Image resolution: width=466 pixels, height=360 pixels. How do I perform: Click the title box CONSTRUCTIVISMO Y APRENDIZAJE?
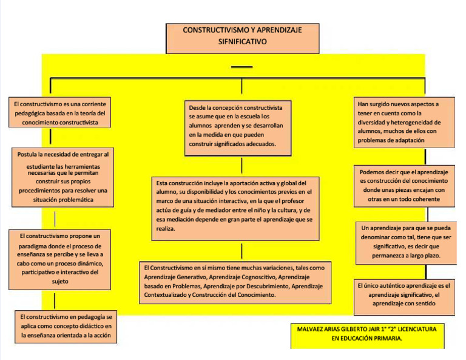tap(242, 38)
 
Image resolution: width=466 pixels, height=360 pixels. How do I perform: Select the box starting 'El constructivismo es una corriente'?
tap(60, 113)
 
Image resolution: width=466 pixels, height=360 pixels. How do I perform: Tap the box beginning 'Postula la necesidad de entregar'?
tap(63, 177)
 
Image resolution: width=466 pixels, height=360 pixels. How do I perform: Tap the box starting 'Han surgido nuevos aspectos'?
tap(404, 122)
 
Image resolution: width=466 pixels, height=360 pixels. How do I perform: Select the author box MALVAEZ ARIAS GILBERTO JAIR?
tap(367, 335)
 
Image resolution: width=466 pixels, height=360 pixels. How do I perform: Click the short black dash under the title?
tap(241, 66)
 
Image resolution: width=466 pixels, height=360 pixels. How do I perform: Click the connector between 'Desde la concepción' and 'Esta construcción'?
tap(241, 165)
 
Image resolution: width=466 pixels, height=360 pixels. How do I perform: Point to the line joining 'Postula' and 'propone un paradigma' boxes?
tap(55, 217)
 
